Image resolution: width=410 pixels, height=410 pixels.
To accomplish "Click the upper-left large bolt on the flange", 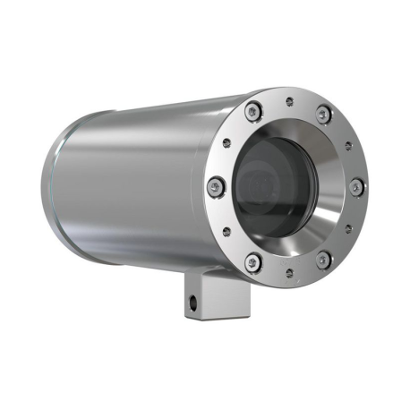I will click(x=253, y=111).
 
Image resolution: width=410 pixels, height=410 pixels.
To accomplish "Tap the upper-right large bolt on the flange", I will click(x=323, y=114).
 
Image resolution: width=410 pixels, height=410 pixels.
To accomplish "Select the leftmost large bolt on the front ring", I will click(x=215, y=186).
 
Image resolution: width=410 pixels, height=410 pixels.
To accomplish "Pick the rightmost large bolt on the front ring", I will click(x=355, y=187).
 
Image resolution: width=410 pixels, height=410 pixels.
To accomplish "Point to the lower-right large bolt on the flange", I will click(x=322, y=260).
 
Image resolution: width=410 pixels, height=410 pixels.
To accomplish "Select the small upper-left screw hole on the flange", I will click(x=226, y=143).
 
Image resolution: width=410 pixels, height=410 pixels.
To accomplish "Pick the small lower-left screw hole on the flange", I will click(x=226, y=231).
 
